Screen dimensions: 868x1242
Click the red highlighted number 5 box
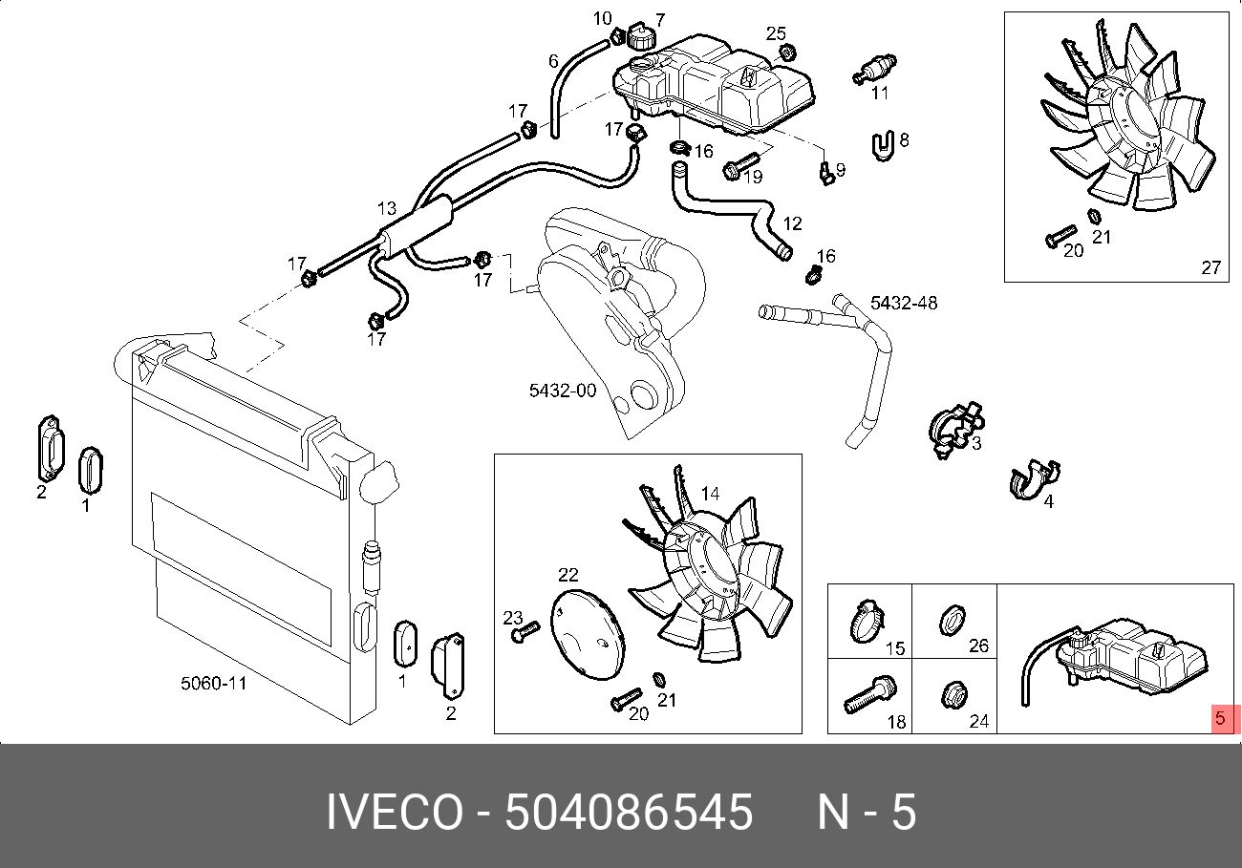pos(1223,718)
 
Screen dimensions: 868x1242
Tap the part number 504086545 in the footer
pos(629,813)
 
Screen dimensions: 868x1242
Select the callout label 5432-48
pos(903,304)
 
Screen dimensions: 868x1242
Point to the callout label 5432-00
pos(563,391)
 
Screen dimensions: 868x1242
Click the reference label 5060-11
pos(214,684)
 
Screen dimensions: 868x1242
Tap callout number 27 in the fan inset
pos(1210,268)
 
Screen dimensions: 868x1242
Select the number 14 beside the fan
pos(710,494)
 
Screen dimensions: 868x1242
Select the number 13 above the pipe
pos(386,208)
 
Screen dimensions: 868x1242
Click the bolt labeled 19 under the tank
pos(739,166)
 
